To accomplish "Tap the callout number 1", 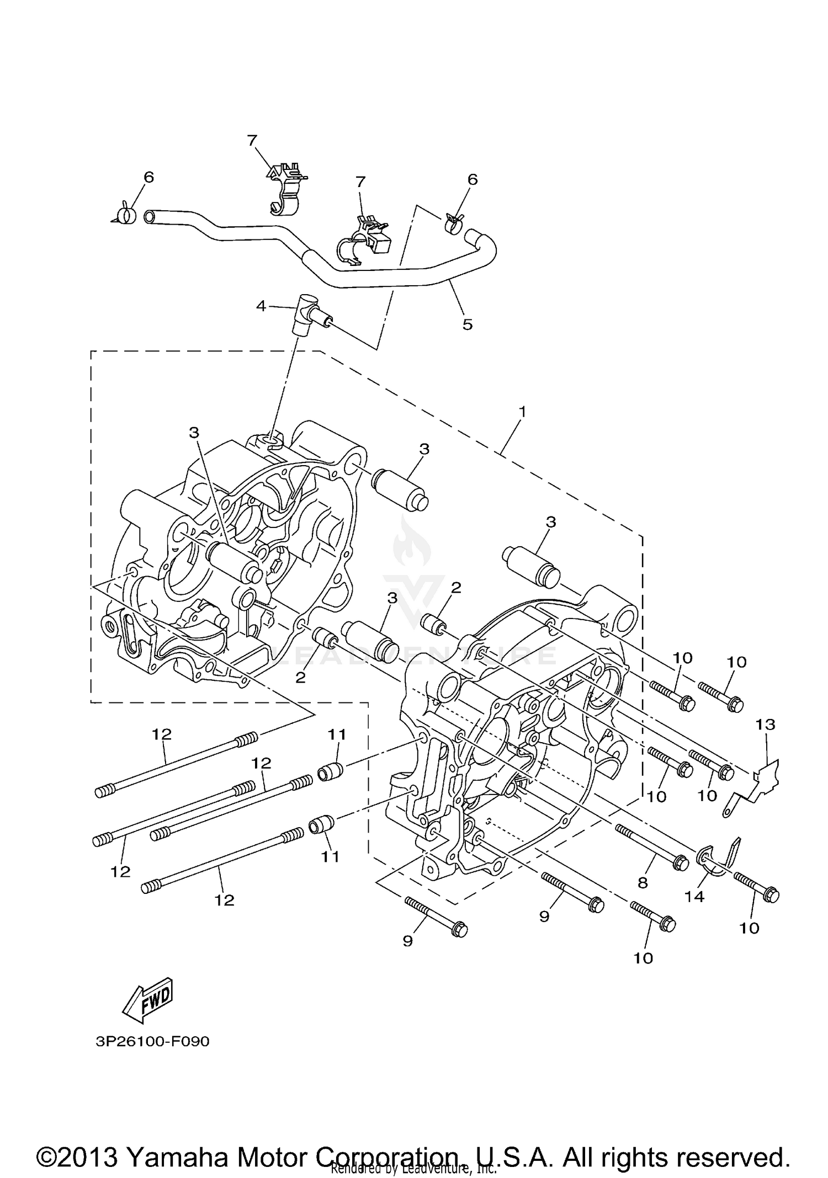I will [x=522, y=412].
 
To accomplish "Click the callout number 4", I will [x=261, y=306].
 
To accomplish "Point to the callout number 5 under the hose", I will [x=468, y=324].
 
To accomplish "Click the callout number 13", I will [x=766, y=724].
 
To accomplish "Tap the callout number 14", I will [x=694, y=897].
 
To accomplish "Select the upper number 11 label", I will [x=337, y=734].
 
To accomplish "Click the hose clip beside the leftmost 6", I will [x=128, y=215].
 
